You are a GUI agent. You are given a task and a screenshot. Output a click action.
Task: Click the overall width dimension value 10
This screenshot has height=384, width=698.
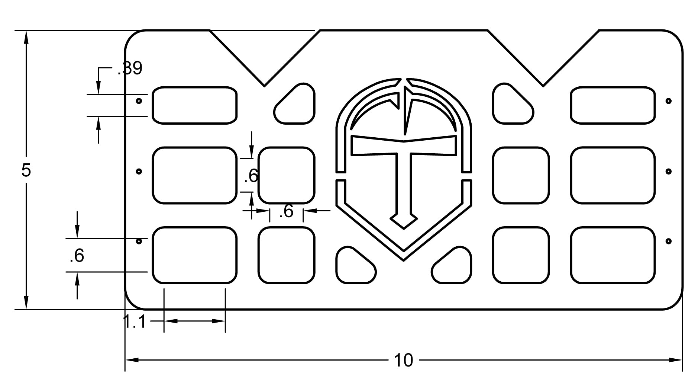click(x=403, y=361)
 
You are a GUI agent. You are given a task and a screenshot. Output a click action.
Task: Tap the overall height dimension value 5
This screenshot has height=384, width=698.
click(x=26, y=170)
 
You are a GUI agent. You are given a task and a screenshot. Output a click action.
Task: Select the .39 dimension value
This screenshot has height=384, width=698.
click(x=130, y=68)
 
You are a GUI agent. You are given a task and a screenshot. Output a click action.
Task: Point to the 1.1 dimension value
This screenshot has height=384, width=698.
click(x=134, y=322)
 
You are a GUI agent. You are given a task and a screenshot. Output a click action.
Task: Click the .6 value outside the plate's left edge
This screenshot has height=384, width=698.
click(x=77, y=256)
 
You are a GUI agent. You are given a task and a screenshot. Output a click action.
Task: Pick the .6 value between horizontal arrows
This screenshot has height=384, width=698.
click(x=286, y=211)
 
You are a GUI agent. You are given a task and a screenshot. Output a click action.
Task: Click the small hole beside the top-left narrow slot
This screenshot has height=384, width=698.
click(x=139, y=101)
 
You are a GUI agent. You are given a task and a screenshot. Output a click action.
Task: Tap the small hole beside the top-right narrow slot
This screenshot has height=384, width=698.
click(x=668, y=101)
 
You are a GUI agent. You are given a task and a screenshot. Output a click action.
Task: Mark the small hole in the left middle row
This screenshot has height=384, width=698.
click(x=139, y=172)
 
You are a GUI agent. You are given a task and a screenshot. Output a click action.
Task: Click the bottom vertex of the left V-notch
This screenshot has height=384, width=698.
click(x=264, y=86)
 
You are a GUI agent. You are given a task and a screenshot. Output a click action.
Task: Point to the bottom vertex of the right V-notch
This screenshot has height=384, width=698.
click(x=543, y=86)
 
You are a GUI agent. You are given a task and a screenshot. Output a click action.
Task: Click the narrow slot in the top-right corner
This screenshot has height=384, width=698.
click(x=613, y=105)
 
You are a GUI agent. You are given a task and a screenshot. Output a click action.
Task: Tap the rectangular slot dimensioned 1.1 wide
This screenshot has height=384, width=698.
click(x=194, y=255)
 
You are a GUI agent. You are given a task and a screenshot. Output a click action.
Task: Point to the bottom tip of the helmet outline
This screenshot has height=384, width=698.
click(x=404, y=260)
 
